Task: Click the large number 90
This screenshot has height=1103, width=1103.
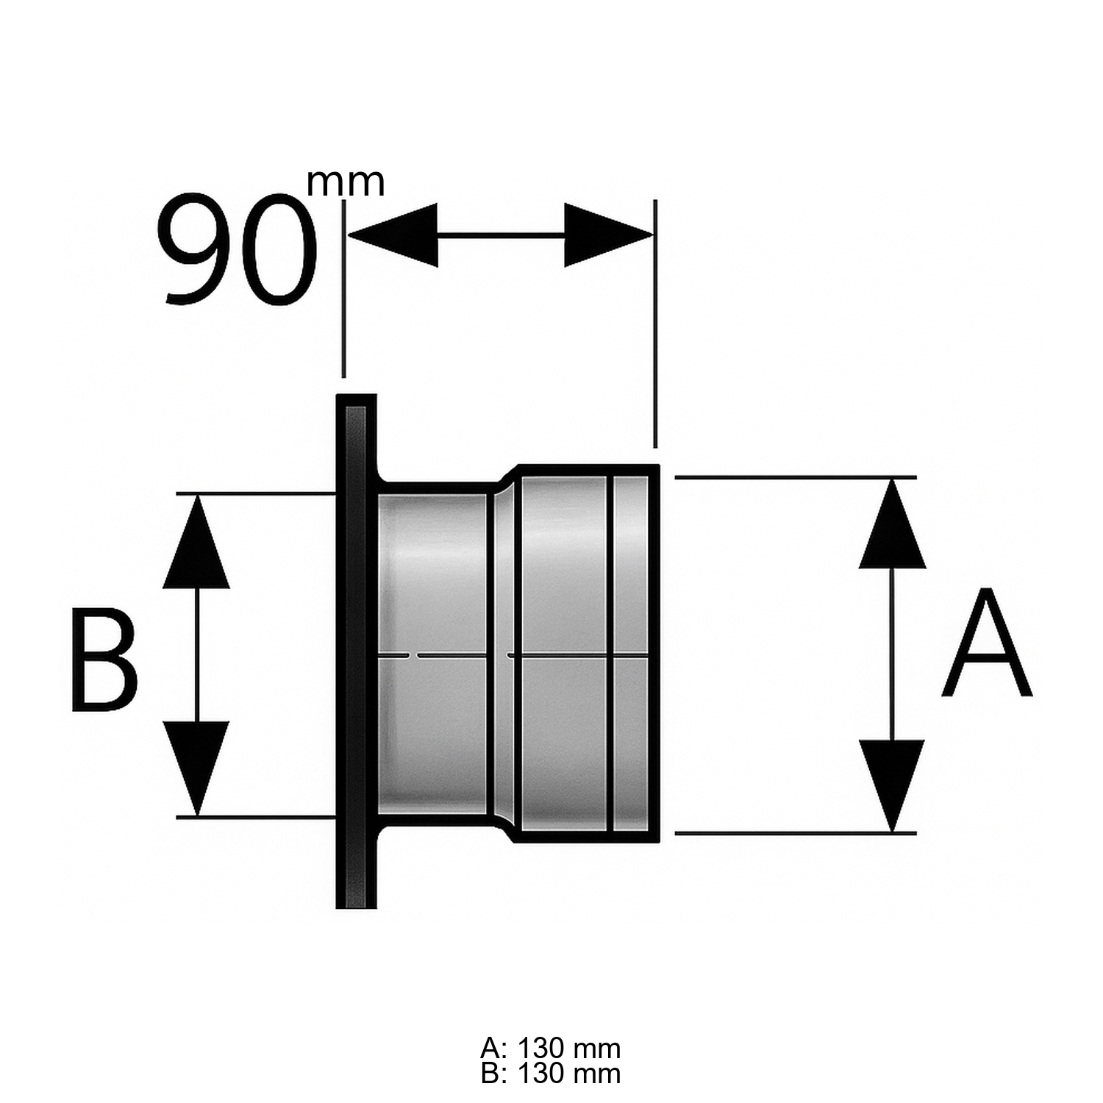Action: point(237,250)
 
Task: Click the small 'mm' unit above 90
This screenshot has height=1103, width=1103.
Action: point(345,182)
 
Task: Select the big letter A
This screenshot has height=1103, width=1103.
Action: point(987,643)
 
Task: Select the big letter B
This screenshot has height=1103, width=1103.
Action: point(104,660)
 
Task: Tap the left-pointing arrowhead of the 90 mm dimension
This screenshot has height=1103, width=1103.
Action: point(393,235)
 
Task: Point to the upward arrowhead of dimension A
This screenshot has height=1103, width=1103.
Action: point(892,526)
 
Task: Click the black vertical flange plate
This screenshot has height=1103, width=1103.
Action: point(356,651)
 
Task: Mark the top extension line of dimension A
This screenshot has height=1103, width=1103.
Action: point(794,478)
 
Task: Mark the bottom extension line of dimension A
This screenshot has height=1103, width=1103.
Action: point(794,833)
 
